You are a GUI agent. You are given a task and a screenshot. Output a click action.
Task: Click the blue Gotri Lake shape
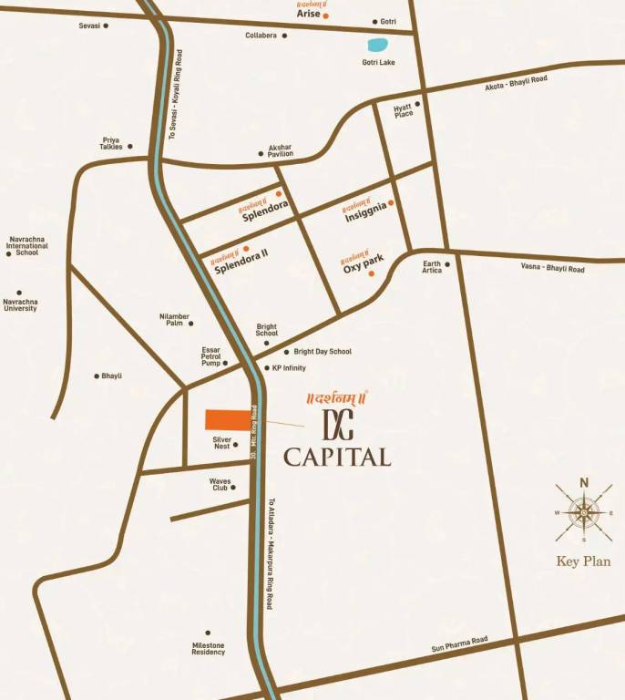click(375, 45)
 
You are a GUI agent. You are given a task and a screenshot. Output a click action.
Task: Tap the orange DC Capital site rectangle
click(228, 420)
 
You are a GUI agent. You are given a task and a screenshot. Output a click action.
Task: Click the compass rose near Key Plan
click(584, 513)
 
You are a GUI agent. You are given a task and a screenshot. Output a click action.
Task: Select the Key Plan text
click(584, 561)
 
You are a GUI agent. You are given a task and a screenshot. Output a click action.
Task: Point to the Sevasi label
click(89, 26)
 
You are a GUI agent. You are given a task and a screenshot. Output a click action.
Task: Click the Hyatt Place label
click(403, 110)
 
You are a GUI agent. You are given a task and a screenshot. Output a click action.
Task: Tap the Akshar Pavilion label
click(280, 150)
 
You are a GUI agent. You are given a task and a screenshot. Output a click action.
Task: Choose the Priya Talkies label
click(112, 143)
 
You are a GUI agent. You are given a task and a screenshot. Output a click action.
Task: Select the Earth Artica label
click(432, 267)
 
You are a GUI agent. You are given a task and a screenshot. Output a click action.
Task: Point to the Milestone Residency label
click(208, 648)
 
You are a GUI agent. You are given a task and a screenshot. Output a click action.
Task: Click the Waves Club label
click(220, 484)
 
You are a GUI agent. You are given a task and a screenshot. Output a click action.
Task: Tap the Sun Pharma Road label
click(459, 644)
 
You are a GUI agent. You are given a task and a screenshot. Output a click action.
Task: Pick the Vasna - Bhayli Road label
click(552, 267)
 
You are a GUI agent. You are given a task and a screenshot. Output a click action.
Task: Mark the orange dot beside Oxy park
click(371, 273)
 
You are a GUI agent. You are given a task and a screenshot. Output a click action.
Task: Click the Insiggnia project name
click(366, 212)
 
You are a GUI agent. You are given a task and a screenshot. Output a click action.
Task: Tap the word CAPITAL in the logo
click(337, 457)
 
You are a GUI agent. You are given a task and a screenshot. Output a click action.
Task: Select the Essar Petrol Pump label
click(210, 356)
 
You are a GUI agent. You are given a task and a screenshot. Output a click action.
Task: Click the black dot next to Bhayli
click(97, 376)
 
